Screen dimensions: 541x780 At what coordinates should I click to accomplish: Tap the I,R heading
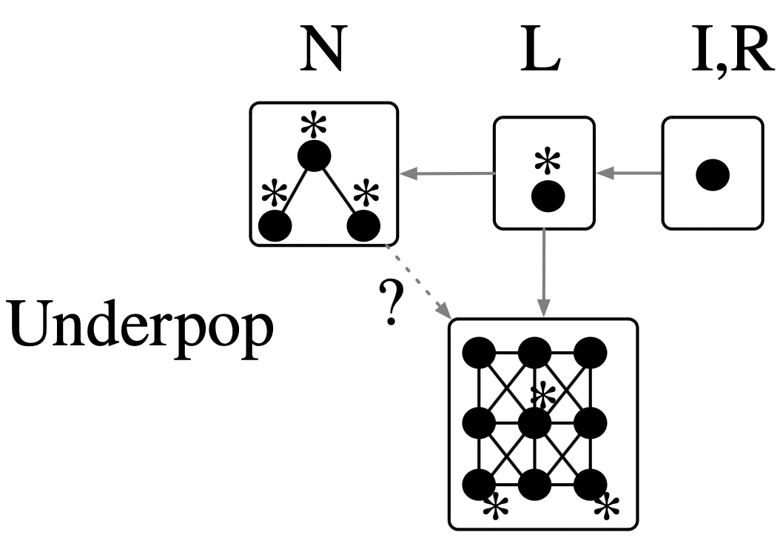click(730, 52)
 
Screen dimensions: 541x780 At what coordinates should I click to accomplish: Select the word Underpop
click(141, 326)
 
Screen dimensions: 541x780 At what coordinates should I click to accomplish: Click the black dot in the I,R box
click(713, 174)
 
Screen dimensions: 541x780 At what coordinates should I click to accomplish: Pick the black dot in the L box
click(548, 196)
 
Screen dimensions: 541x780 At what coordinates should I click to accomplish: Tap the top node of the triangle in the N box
click(314, 156)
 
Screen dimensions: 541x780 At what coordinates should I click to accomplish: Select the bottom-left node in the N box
click(274, 225)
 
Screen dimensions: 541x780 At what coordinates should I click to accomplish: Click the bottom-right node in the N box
click(364, 225)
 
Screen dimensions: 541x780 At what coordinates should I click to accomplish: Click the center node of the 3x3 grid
click(535, 423)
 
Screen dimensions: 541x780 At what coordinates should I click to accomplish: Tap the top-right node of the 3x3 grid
click(591, 353)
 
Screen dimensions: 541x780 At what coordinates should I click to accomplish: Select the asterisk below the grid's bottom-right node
click(607, 508)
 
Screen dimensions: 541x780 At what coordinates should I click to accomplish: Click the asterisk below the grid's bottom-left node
click(495, 508)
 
